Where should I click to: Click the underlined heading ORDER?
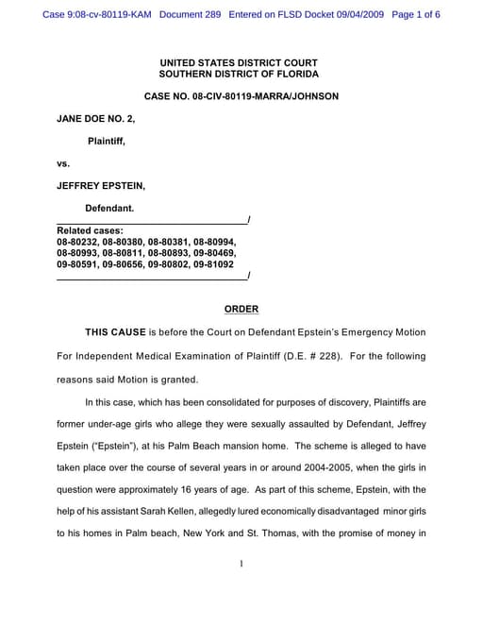(241, 309)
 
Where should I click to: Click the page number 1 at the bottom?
(241, 564)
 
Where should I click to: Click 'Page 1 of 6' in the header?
(414, 15)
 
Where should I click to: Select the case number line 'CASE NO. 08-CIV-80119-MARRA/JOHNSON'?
(241, 96)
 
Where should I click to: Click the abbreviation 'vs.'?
(63, 163)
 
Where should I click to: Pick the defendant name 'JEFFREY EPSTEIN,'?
(101, 186)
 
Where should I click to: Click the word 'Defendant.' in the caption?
(109, 208)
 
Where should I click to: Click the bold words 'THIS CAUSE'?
(115, 332)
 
